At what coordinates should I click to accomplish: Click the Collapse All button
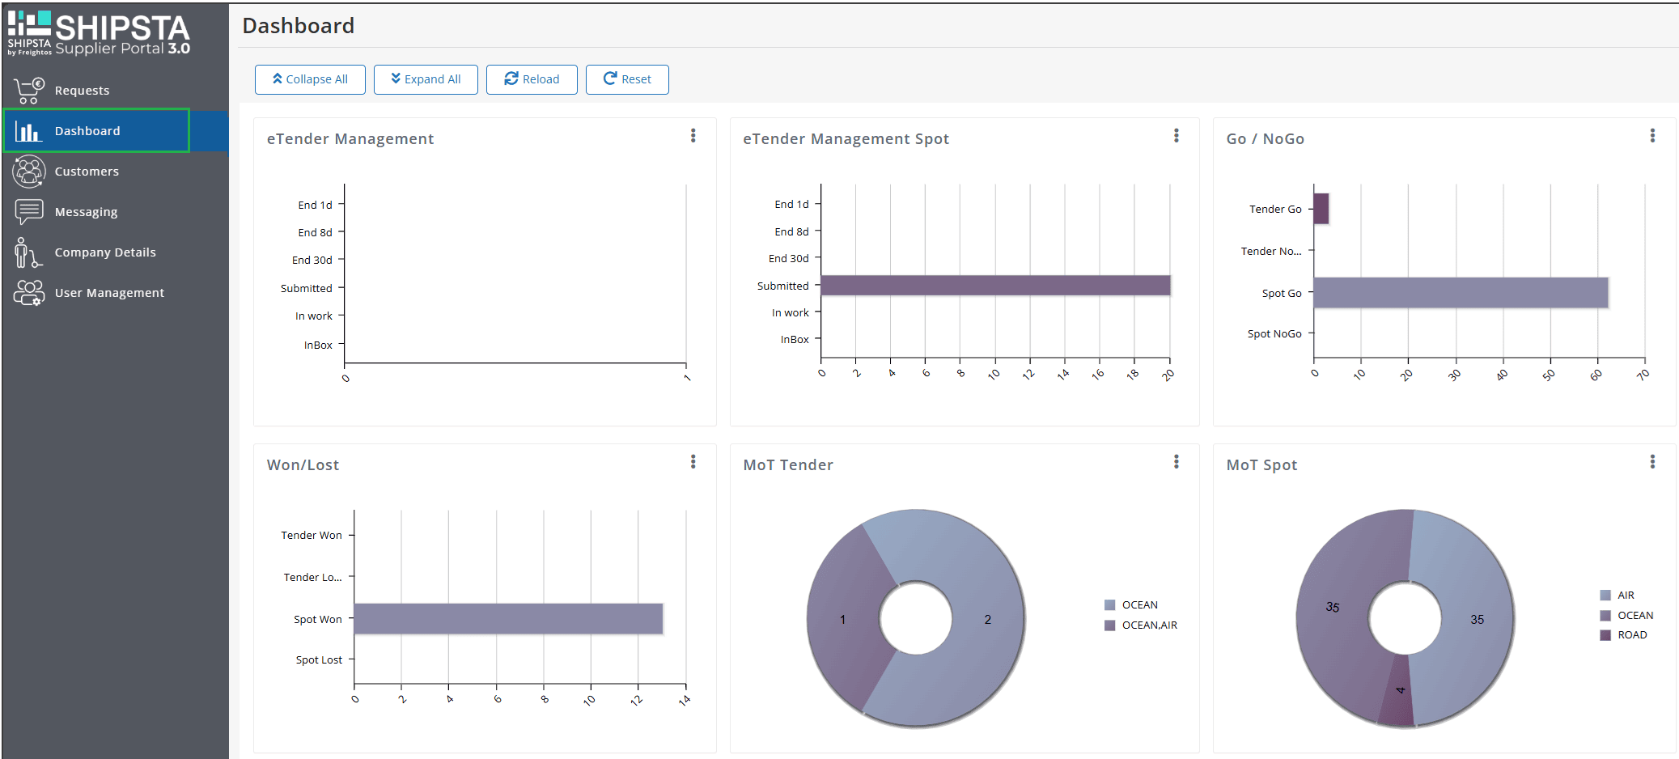click(310, 79)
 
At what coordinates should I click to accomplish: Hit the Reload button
click(532, 79)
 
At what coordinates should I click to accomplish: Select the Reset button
click(627, 79)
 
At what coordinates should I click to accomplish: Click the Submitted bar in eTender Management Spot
click(995, 286)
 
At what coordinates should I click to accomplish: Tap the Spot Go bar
click(1461, 293)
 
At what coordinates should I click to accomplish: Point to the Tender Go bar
click(1321, 209)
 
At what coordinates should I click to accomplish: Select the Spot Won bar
click(508, 619)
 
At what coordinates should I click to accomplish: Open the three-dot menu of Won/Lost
click(693, 462)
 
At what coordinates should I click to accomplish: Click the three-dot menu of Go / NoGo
click(1652, 136)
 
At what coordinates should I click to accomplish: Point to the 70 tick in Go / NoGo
click(1643, 375)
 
